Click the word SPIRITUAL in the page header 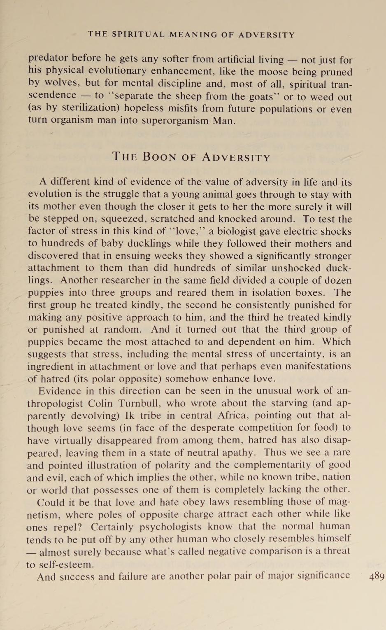coord(138,35)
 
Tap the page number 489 coord(377,576)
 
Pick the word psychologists coord(170,527)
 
